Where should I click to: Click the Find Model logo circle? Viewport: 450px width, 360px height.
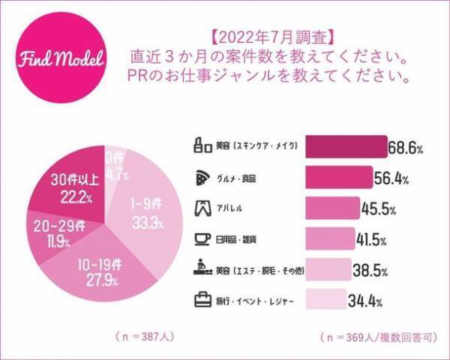[61, 61]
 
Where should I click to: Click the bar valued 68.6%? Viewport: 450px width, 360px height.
[345, 148]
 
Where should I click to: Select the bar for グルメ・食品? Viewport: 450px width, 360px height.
[338, 178]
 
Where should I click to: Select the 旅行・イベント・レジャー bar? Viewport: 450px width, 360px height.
[324, 301]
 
